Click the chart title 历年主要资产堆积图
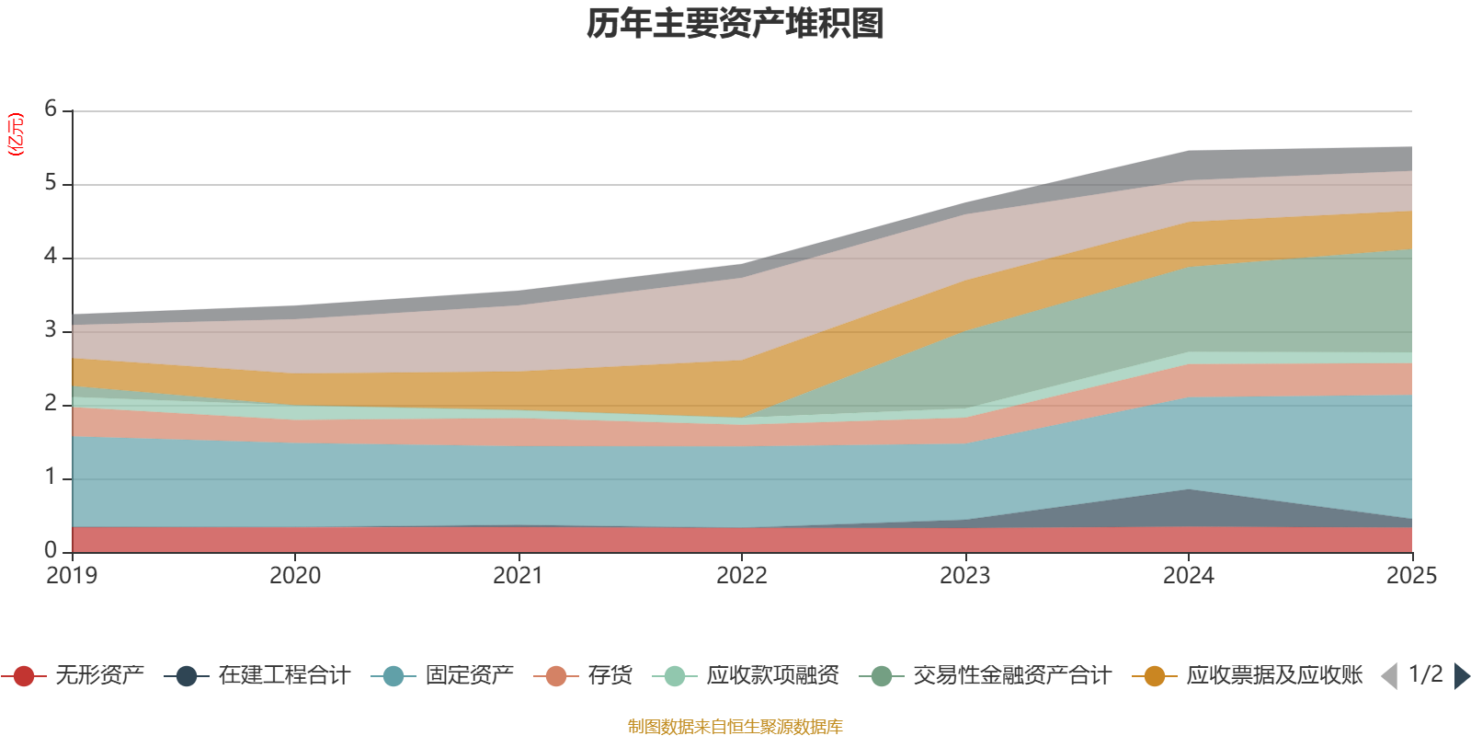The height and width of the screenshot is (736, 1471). pyautogui.click(x=735, y=24)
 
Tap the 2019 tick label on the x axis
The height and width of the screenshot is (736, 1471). pyautogui.click(x=72, y=576)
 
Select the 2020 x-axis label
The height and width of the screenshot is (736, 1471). pyautogui.click(x=295, y=576)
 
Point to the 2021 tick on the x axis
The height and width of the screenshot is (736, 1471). pyautogui.click(x=519, y=576)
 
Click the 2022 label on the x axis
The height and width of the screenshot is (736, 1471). pyautogui.click(x=742, y=576)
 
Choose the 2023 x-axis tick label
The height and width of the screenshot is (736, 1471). pyautogui.click(x=965, y=576)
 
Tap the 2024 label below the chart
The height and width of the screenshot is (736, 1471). pyautogui.click(x=1189, y=576)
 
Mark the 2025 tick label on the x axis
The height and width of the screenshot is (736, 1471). pyautogui.click(x=1411, y=576)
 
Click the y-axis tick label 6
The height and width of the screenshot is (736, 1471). pyautogui.click(x=51, y=109)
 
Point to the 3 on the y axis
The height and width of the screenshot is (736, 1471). pyautogui.click(x=51, y=330)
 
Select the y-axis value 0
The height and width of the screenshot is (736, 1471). pyautogui.click(x=51, y=551)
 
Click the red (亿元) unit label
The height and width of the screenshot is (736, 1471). pyautogui.click(x=16, y=134)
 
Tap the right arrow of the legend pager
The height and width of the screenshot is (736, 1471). pyautogui.click(x=1461, y=676)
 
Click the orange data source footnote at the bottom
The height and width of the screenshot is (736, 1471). pyautogui.click(x=735, y=727)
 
